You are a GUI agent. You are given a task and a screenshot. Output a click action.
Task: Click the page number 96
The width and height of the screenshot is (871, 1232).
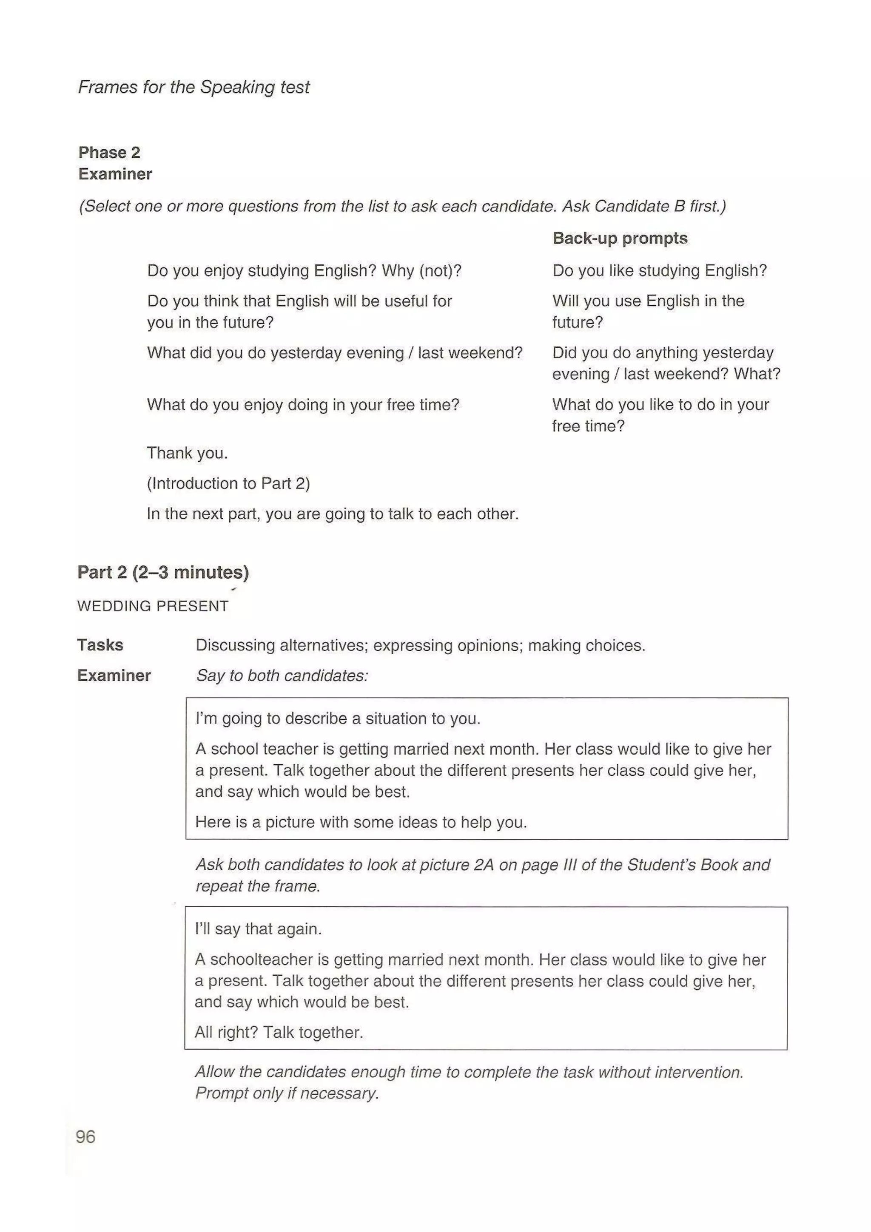pyautogui.click(x=86, y=1136)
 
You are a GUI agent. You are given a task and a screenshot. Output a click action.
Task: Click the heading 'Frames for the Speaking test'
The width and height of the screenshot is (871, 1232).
pyautogui.click(x=194, y=87)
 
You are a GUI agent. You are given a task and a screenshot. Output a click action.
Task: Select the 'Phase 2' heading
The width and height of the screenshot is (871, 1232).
pyautogui.click(x=109, y=152)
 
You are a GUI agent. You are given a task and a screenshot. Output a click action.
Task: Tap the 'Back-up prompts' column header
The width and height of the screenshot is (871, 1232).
pyautogui.click(x=620, y=238)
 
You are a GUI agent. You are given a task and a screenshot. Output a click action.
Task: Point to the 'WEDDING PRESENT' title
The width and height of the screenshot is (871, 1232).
pyautogui.click(x=153, y=606)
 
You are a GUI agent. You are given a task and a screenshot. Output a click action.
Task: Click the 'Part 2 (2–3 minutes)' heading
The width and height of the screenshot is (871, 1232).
pyautogui.click(x=163, y=572)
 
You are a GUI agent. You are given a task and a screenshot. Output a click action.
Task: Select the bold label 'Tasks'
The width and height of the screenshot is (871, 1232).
pyautogui.click(x=100, y=644)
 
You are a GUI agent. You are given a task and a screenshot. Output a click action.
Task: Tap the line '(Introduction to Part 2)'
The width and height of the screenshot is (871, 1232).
pyautogui.click(x=228, y=483)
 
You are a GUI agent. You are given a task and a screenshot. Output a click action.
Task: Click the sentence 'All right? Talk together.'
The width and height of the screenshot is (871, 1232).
pyautogui.click(x=279, y=1032)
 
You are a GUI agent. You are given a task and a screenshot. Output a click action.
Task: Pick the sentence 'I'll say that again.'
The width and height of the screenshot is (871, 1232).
pyautogui.click(x=258, y=929)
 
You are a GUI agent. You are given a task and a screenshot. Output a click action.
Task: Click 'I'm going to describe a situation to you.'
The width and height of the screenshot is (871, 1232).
pyautogui.click(x=338, y=718)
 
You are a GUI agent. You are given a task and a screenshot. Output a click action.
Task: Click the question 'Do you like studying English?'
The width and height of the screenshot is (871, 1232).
pyautogui.click(x=660, y=270)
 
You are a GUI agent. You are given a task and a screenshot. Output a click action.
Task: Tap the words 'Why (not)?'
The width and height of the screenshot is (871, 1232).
pyautogui.click(x=421, y=270)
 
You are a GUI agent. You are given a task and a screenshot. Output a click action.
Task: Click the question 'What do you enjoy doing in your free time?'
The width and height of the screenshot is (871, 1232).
pyautogui.click(x=303, y=405)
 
